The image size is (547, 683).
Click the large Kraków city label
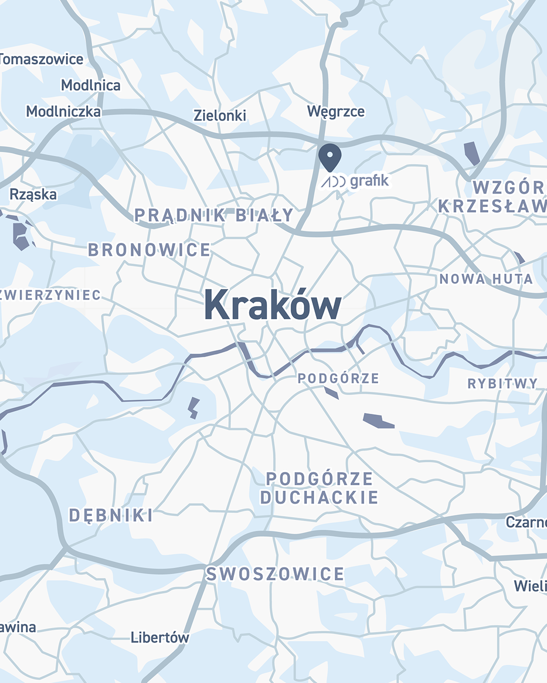[272, 305]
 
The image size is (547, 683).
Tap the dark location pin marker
[330, 157]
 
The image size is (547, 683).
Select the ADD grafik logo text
[356, 181]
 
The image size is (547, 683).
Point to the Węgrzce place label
[336, 111]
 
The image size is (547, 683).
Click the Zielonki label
[220, 115]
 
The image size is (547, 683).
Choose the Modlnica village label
[91, 85]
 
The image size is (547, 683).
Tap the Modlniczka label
[63, 111]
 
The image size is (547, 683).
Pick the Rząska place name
[33, 194]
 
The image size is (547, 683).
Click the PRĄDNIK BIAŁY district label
[214, 216]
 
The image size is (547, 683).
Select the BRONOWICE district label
[149, 250]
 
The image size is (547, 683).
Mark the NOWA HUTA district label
[486, 279]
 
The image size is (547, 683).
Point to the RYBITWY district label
[502, 383]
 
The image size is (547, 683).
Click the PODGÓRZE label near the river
[338, 378]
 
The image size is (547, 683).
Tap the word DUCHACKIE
[319, 498]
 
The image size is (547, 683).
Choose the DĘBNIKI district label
[111, 516]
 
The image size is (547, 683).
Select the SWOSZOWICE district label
[275, 574]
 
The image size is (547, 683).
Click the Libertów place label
[160, 637]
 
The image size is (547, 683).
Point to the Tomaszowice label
[42, 59]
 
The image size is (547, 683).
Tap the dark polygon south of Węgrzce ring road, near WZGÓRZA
[472, 153]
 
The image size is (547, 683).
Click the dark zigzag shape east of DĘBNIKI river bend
[193, 408]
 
